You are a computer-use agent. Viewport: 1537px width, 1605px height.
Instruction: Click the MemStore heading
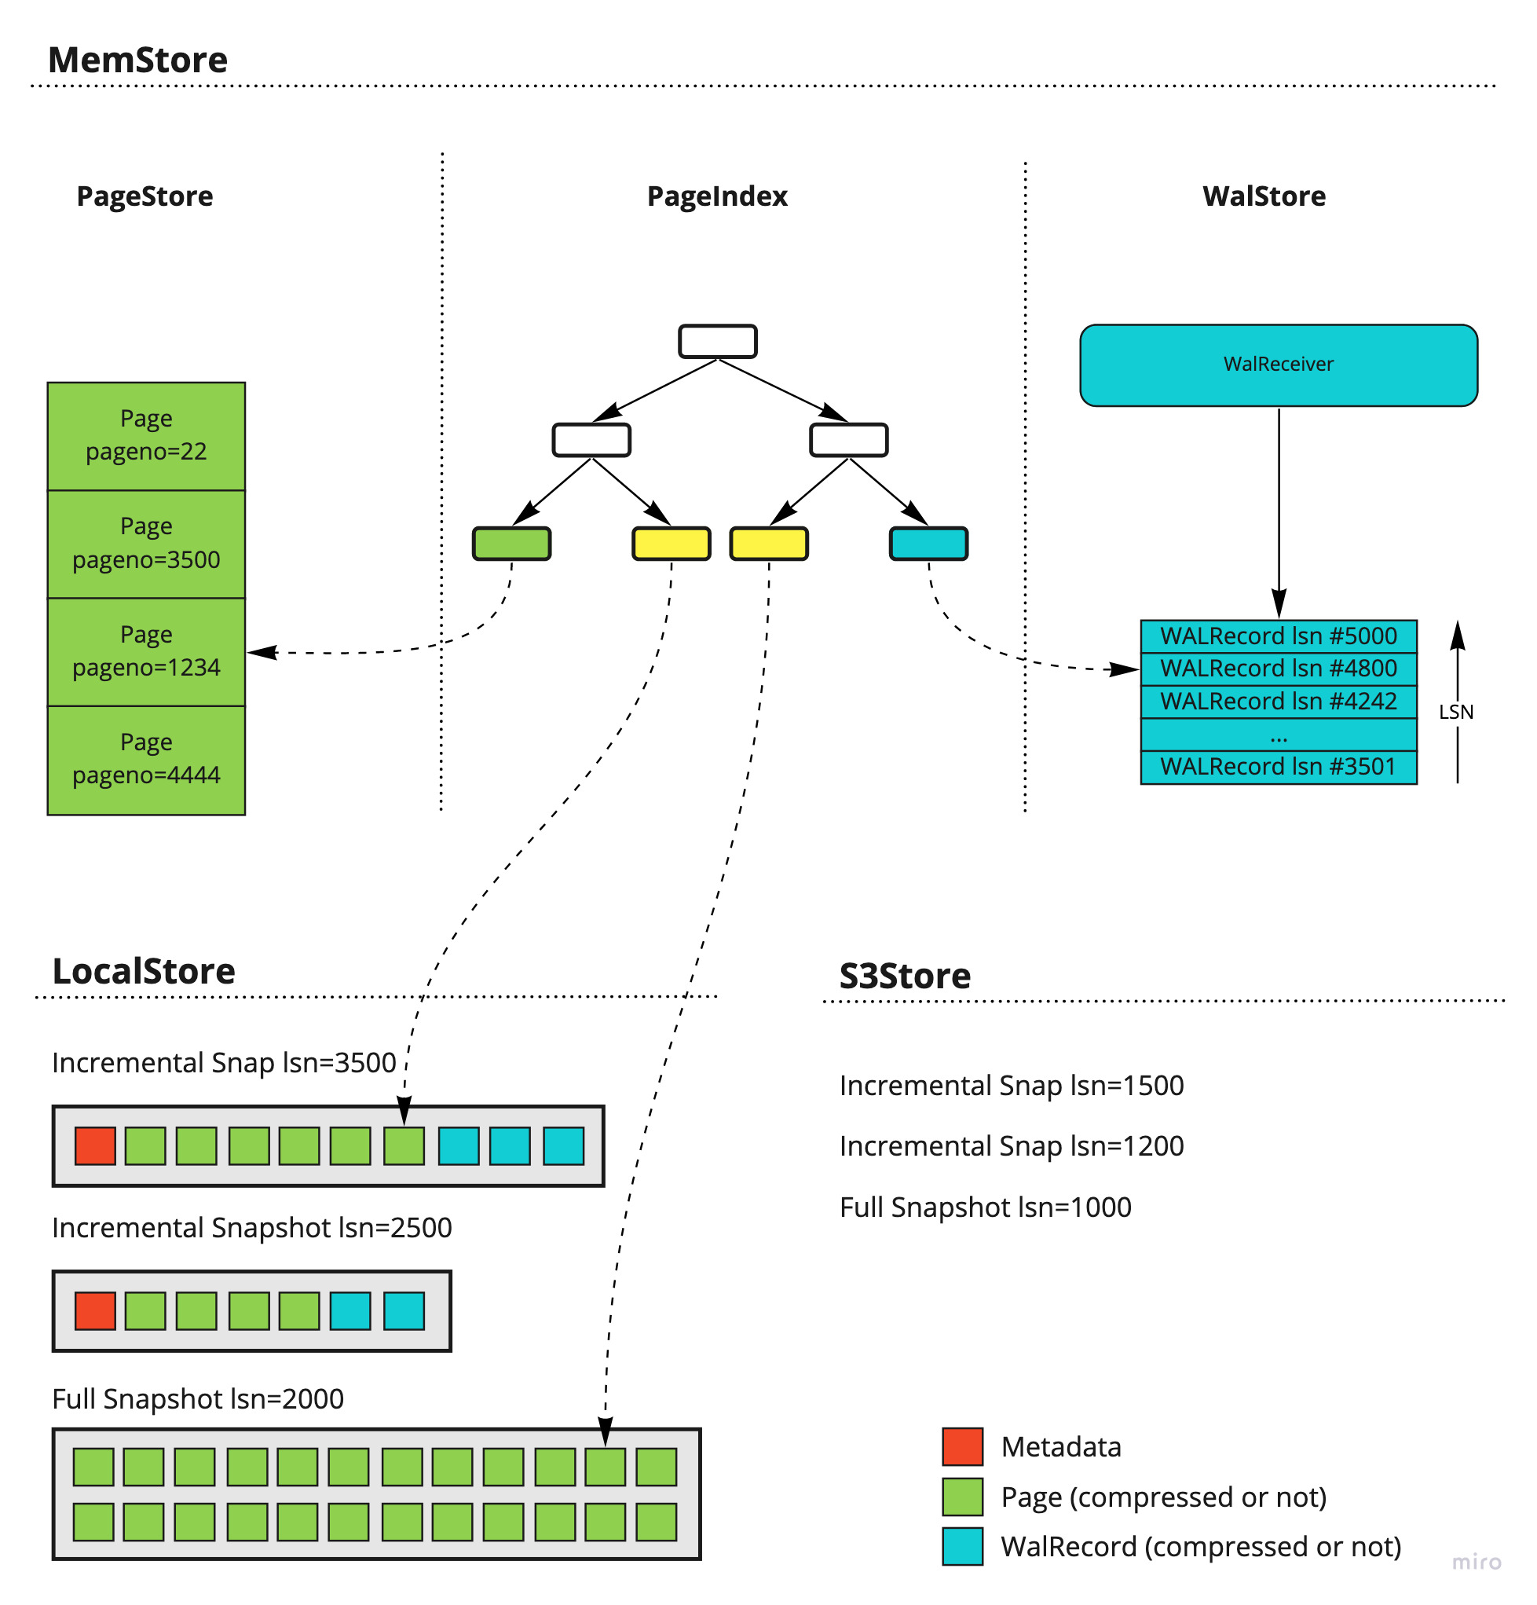tap(137, 60)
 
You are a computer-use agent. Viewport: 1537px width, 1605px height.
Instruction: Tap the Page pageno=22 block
tap(146, 436)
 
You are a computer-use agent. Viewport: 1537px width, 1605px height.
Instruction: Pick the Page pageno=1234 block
tap(146, 652)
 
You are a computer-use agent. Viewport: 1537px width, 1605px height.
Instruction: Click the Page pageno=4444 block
tap(146, 759)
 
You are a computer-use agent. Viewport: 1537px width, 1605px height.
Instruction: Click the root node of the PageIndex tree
tap(717, 341)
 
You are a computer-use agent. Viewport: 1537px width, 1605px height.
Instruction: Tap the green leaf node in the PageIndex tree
tap(512, 544)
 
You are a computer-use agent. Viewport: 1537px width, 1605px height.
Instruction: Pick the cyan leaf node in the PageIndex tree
tap(928, 544)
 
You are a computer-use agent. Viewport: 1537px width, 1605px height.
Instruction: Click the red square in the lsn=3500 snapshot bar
tap(95, 1145)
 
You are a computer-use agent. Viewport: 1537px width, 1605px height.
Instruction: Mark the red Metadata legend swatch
tap(962, 1447)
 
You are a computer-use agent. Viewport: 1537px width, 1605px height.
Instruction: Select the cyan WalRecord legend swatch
tap(962, 1547)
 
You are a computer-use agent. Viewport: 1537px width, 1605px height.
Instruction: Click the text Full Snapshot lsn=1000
tap(985, 1207)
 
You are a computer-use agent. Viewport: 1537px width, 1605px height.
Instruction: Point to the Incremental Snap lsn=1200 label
tap(1012, 1145)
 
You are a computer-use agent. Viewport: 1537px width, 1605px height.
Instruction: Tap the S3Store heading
tap(905, 976)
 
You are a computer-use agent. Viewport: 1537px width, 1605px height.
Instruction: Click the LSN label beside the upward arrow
tap(1455, 712)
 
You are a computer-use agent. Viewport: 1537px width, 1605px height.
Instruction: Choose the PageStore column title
tap(145, 196)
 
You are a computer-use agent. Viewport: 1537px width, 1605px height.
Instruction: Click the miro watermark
tap(1476, 1563)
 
